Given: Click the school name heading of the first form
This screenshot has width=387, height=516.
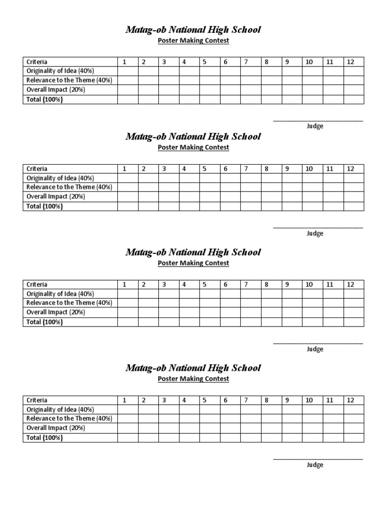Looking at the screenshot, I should click(193, 30).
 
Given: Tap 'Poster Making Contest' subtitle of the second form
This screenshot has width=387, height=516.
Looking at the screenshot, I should click(193, 147).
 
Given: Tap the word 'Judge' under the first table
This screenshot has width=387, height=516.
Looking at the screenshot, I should click(315, 126).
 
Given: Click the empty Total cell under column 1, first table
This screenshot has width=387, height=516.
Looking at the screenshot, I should click(128, 99).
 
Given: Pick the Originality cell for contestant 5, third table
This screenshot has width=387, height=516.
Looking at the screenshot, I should click(210, 294).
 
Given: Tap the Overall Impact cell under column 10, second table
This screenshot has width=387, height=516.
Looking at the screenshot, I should click(312, 197).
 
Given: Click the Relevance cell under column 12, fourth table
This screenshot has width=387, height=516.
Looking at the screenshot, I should click(353, 418).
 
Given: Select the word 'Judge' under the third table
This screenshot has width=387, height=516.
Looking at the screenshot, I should click(315, 349).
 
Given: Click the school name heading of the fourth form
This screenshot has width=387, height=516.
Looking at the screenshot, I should click(193, 368).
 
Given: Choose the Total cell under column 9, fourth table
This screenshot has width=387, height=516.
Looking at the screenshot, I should click(292, 437).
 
